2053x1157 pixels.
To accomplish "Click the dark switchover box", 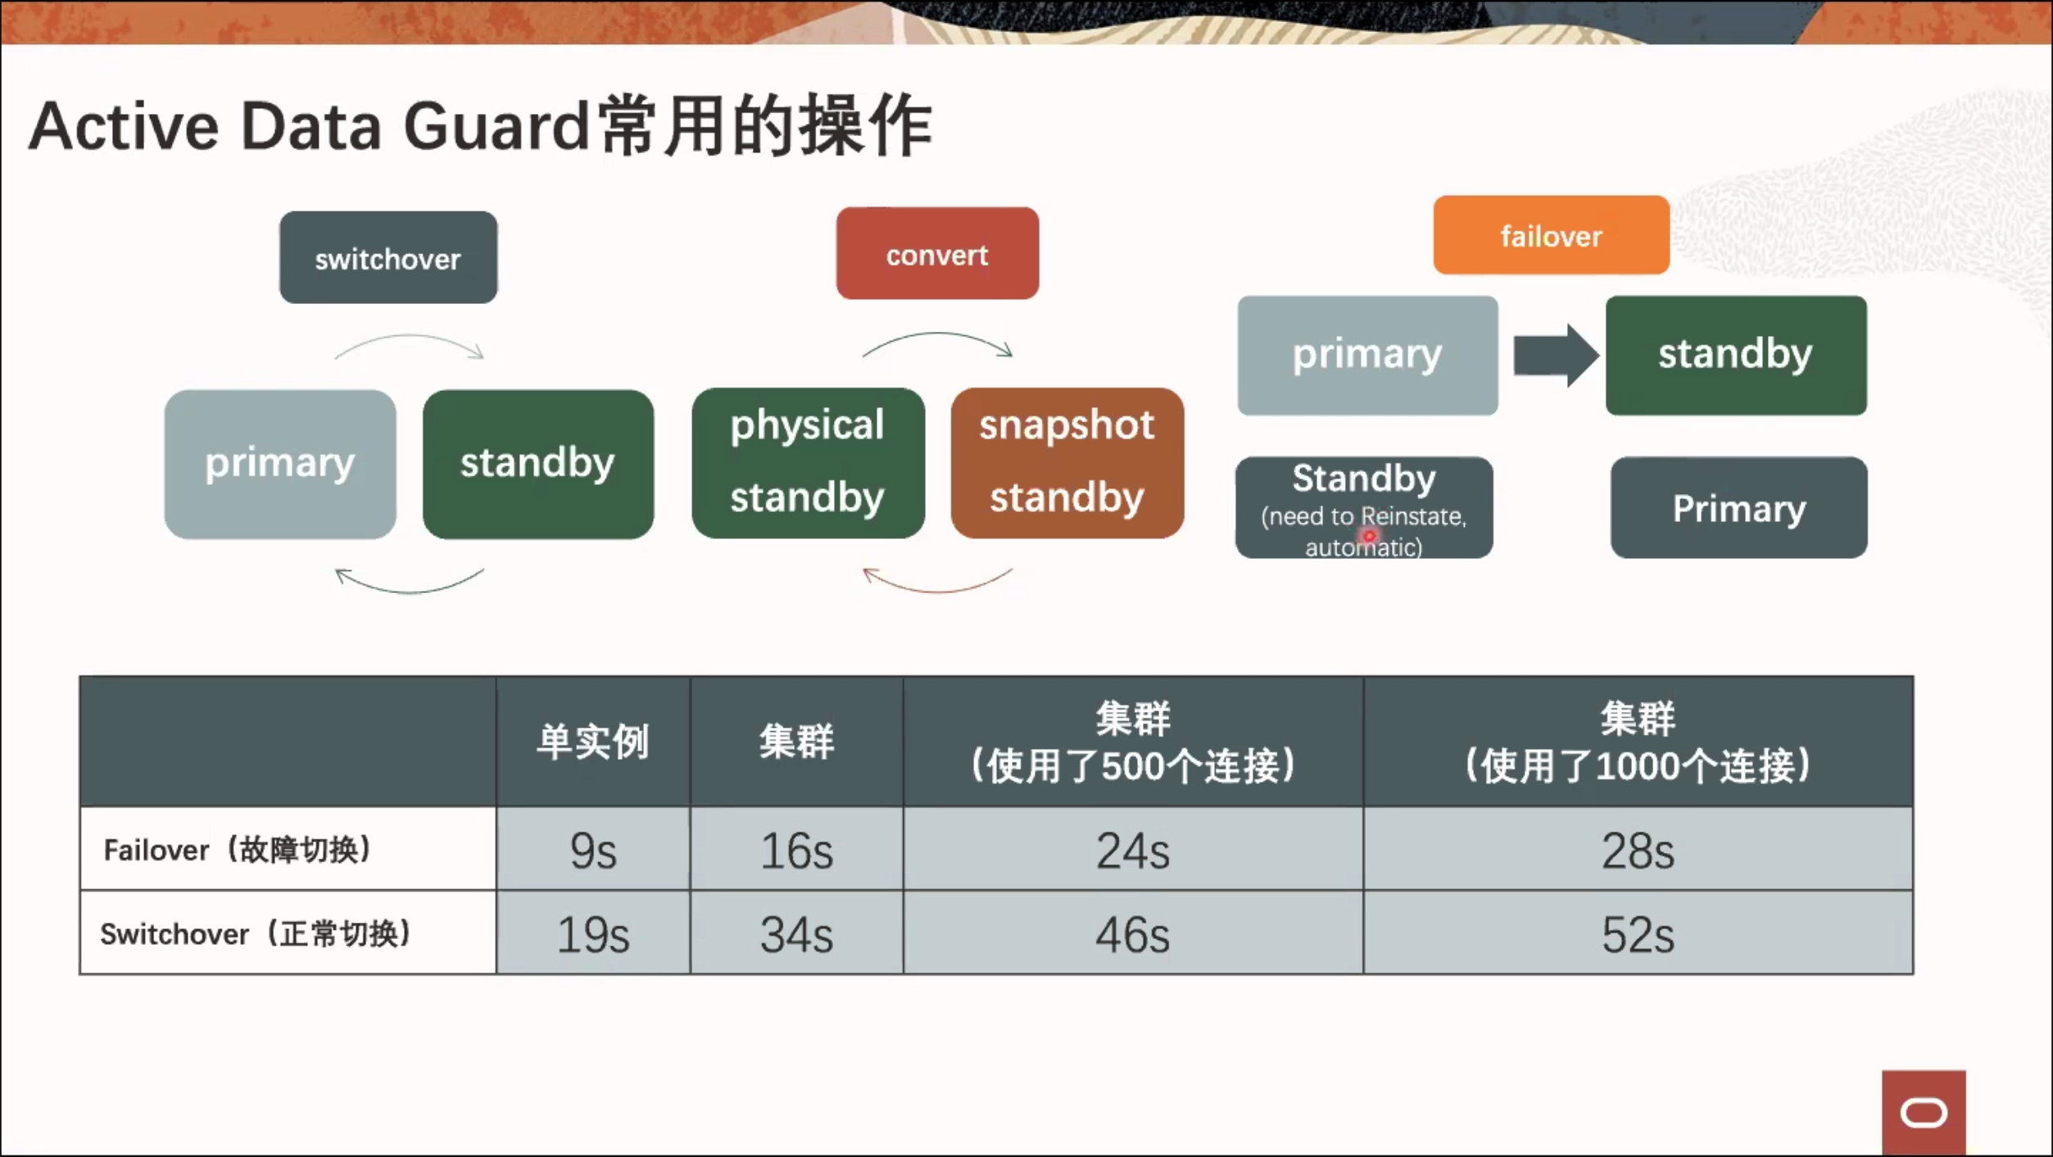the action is [388, 257].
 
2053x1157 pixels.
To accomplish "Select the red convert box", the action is [937, 253].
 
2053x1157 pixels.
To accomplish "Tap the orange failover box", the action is [1551, 235].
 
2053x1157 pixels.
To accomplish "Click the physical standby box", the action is [808, 463].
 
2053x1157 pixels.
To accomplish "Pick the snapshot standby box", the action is [1067, 463].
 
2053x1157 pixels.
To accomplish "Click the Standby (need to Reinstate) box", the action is [1364, 508].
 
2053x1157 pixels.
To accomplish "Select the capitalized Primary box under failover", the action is [1738, 508].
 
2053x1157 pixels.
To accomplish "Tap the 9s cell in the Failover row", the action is [593, 850].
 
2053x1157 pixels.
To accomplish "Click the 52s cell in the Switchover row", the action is [1638, 933].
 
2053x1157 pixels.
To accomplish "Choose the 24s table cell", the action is [1133, 850].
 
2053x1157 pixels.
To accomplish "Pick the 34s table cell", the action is [796, 933].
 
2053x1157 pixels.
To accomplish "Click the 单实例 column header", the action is [593, 742].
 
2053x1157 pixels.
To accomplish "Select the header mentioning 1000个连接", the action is [1638, 742].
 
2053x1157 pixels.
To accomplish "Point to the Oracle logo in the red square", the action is [1924, 1113].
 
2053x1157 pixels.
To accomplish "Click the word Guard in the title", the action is [496, 126].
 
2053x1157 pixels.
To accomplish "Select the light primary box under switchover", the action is [280, 464].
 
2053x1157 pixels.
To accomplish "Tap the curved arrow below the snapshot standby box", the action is [938, 591].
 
